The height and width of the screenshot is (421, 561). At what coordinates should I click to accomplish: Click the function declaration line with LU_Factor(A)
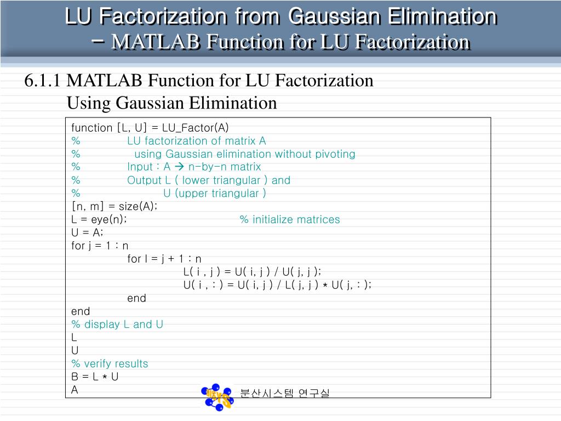[x=150, y=128]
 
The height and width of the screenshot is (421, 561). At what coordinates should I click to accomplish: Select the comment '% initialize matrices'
[x=289, y=220]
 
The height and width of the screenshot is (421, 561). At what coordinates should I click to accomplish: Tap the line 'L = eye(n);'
[x=99, y=220]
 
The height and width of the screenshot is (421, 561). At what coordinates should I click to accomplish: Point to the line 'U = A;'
[x=87, y=232]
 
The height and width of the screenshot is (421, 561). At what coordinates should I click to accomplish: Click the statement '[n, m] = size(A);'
[x=115, y=207]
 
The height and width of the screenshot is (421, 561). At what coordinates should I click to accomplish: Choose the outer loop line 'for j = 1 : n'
[x=100, y=246]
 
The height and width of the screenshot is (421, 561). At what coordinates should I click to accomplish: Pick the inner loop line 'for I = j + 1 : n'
[x=164, y=259]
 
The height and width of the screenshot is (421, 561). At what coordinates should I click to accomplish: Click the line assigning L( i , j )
[x=253, y=272]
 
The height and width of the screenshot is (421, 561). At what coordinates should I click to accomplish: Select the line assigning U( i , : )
[x=277, y=285]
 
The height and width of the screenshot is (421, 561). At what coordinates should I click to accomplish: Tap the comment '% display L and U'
[x=117, y=325]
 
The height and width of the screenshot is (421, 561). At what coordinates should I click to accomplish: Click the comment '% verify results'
[x=110, y=364]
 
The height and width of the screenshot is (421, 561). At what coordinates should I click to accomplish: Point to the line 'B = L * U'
[x=95, y=377]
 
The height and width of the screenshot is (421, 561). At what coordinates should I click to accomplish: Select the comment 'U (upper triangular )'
[x=215, y=194]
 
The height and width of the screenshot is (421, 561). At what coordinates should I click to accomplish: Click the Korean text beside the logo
[x=285, y=393]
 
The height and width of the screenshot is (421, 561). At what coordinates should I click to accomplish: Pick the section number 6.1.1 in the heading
[x=42, y=81]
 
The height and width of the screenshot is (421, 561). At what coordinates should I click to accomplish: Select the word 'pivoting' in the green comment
[x=335, y=154]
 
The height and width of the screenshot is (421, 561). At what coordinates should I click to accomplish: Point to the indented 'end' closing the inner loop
[x=136, y=298]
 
